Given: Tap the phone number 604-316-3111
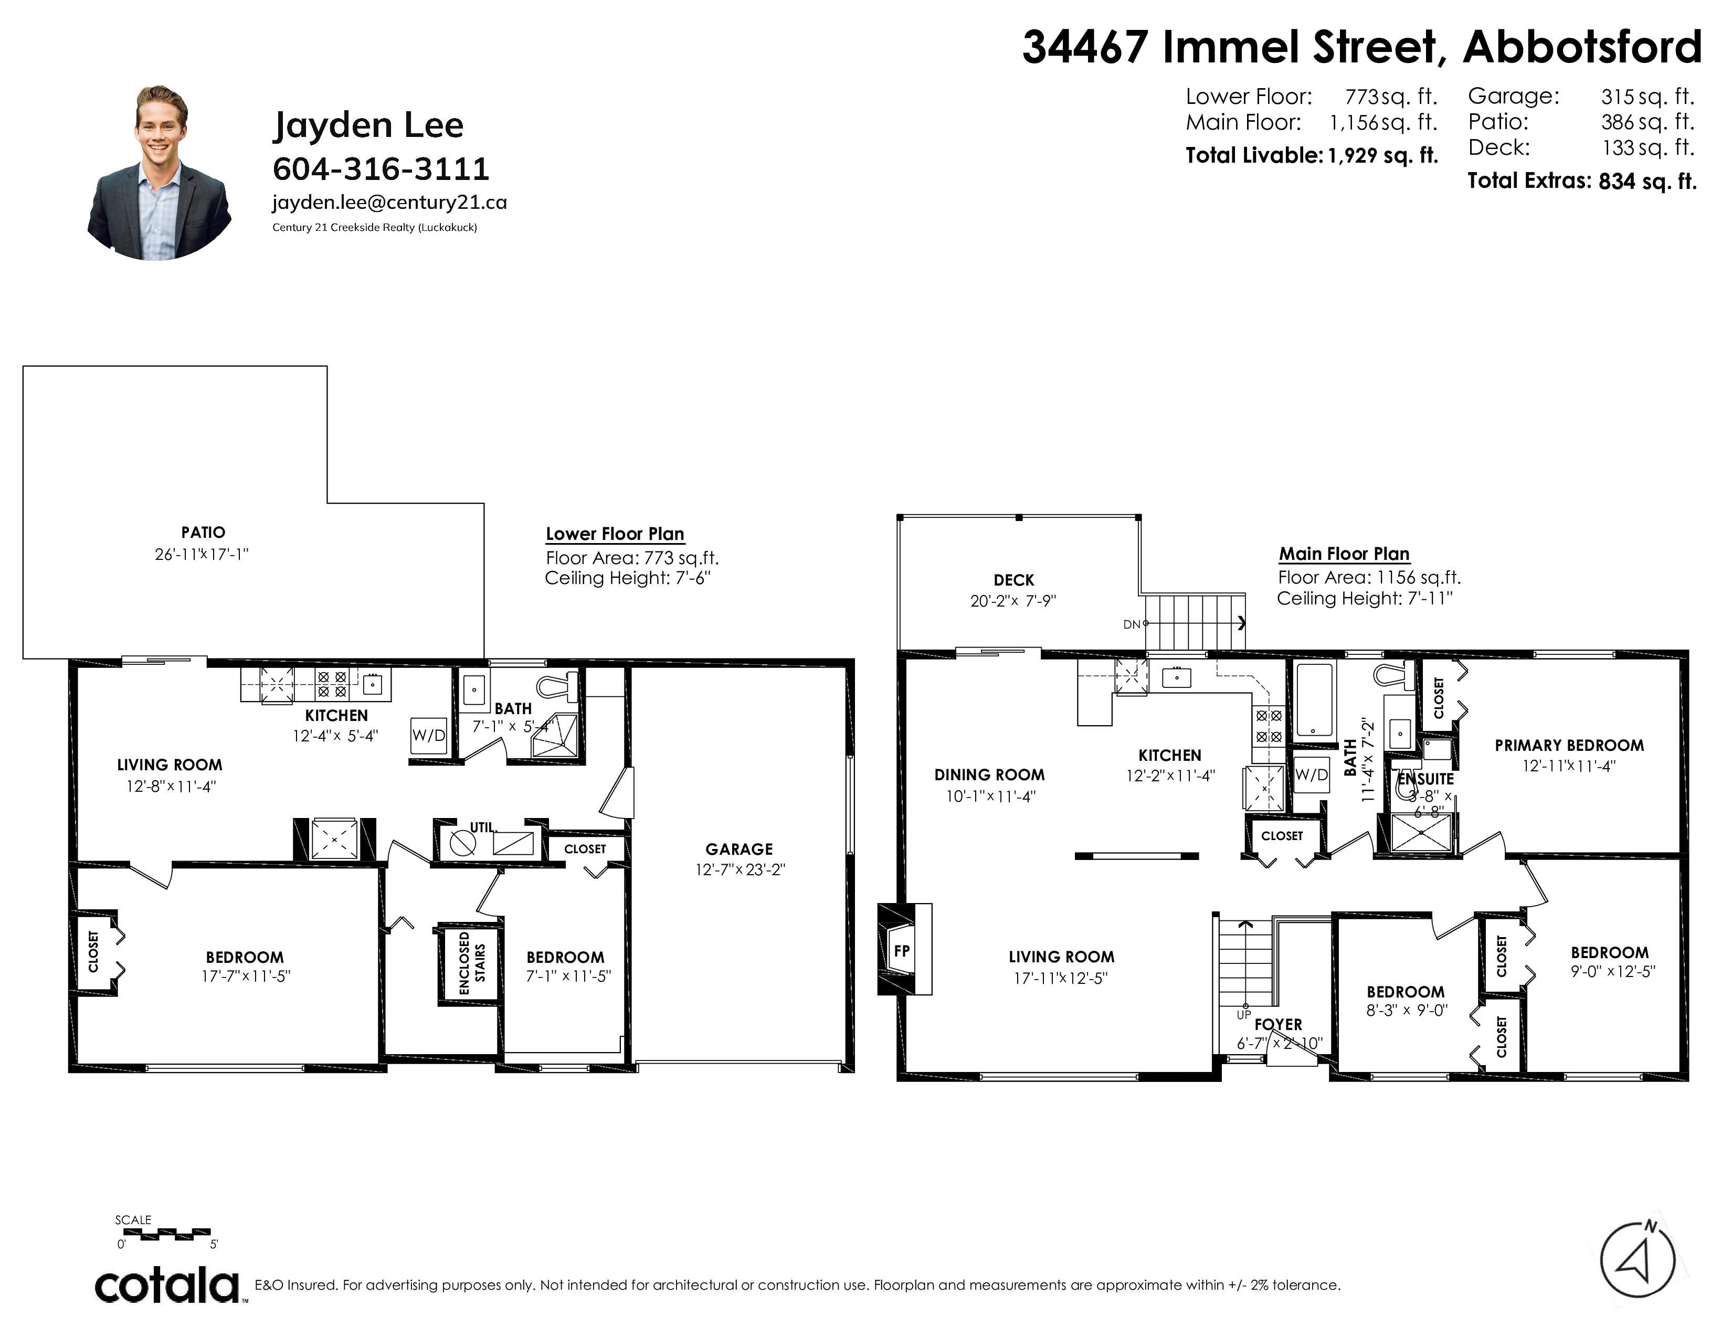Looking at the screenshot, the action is pyautogui.click(x=381, y=169).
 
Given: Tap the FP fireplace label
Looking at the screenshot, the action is pyautogui.click(x=902, y=950).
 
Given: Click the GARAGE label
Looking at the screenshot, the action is pyautogui.click(x=739, y=849).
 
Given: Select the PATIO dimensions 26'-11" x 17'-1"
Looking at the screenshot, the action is pyautogui.click(x=202, y=554).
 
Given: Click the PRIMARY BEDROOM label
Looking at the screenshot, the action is pyautogui.click(x=1569, y=745).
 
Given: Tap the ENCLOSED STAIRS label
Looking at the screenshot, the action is pyautogui.click(x=472, y=962).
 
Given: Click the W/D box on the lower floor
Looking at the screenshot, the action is pyautogui.click(x=428, y=735).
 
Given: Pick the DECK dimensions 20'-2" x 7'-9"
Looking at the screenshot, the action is pyautogui.click(x=1013, y=601).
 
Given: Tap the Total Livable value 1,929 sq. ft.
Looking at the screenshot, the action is pyautogui.click(x=1382, y=155).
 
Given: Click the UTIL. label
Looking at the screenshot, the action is pyautogui.click(x=482, y=827).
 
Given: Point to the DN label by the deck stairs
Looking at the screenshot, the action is pyautogui.click(x=1132, y=624).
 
